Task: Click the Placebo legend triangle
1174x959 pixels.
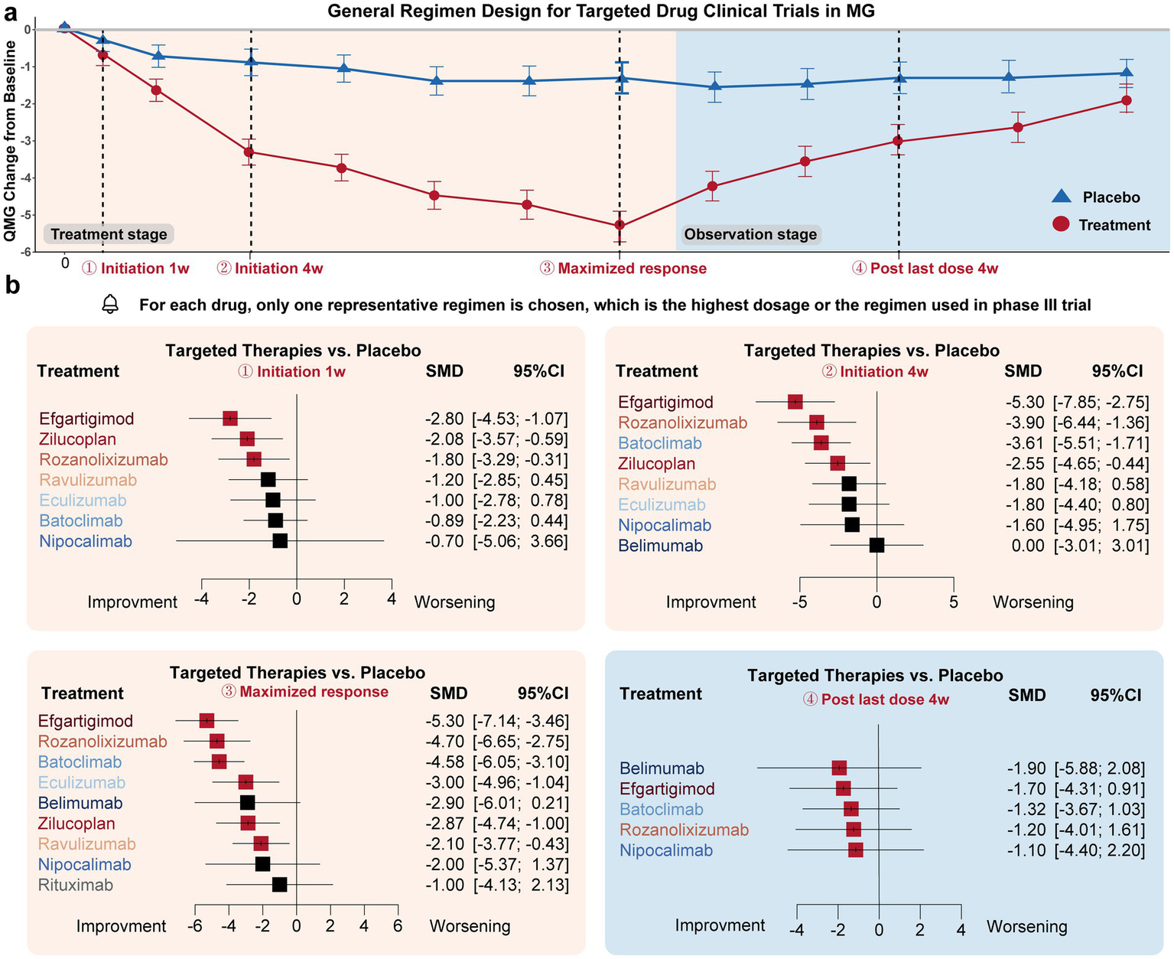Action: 1062,197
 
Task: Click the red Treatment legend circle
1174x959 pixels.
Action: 1061,224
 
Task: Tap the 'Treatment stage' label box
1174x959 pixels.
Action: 109,234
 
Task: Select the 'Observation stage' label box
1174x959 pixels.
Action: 750,234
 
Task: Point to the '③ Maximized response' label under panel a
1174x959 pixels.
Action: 623,269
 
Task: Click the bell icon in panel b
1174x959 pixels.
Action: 111,305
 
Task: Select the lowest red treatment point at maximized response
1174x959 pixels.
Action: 620,225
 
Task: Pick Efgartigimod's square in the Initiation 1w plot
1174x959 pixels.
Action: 230,418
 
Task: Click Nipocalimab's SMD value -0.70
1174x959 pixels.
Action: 444,541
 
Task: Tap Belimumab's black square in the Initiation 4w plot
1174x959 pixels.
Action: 876,545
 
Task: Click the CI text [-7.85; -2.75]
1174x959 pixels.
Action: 1101,402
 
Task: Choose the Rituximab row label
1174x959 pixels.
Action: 76,885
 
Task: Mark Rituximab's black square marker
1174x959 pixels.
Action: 279,885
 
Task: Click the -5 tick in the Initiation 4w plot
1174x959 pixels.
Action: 799,602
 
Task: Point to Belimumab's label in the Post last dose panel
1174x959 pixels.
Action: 662,768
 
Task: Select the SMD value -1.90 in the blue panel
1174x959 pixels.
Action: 1023,768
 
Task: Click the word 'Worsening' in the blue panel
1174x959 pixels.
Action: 1026,926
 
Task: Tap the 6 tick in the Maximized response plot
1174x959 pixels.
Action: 398,925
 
